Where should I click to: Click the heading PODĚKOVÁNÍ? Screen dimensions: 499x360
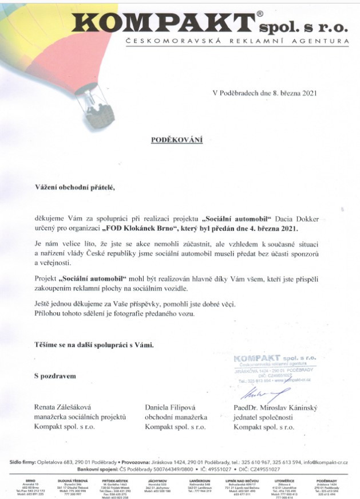(x=176, y=139)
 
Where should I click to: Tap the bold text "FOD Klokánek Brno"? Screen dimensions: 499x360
(x=155, y=228)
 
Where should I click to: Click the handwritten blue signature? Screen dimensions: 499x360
(x=261, y=394)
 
